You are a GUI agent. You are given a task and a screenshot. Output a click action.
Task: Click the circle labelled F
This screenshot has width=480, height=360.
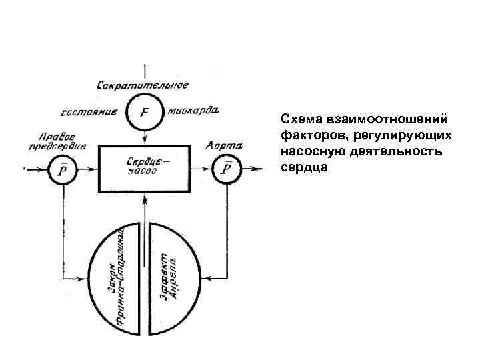[x=143, y=111]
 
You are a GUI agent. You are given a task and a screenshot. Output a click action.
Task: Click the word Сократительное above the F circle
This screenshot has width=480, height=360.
[x=143, y=85]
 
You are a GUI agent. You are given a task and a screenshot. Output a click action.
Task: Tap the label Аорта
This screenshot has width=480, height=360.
[x=224, y=145]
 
